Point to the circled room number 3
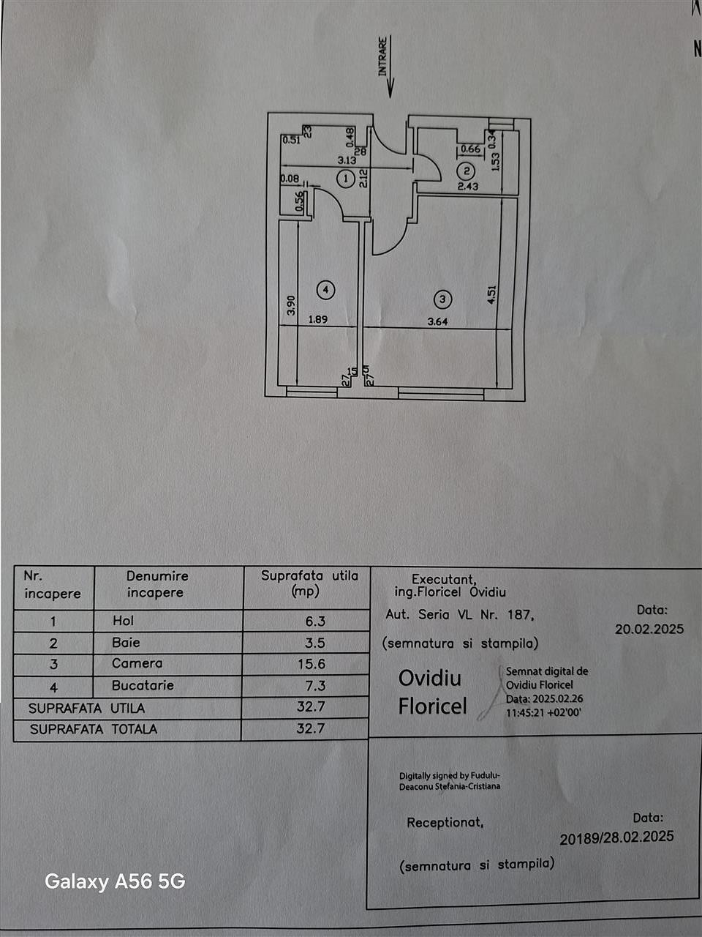click(442, 299)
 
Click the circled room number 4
click(326, 290)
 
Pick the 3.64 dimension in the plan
click(438, 321)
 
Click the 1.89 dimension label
click(318, 319)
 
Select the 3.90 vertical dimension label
click(291, 305)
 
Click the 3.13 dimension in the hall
click(347, 160)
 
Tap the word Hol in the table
click(124, 621)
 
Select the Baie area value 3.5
click(315, 643)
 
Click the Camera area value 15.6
click(312, 664)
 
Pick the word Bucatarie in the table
click(143, 686)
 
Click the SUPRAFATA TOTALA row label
click(93, 729)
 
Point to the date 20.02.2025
click(649, 629)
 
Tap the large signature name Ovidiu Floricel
click(431, 692)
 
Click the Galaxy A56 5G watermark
click(115, 881)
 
